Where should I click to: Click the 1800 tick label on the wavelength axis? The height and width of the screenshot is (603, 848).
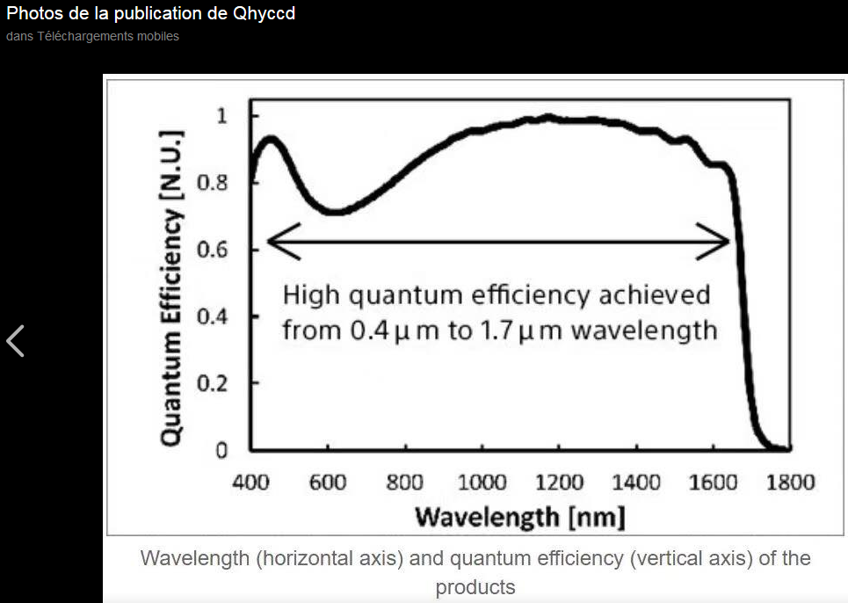click(789, 483)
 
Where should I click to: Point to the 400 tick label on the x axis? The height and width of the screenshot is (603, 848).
click(250, 483)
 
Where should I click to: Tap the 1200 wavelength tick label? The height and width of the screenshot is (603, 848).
click(559, 483)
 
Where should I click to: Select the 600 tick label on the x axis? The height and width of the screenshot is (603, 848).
click(327, 483)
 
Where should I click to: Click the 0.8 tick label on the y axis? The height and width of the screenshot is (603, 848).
click(212, 183)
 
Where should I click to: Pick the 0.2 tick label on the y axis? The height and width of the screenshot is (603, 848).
click(212, 383)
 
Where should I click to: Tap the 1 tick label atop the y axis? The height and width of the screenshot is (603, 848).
click(221, 116)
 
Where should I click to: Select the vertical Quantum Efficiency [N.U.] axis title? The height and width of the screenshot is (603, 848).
click(173, 286)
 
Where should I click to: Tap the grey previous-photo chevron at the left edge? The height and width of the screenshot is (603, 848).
click(15, 341)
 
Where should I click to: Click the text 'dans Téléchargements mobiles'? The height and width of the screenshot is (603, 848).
click(92, 37)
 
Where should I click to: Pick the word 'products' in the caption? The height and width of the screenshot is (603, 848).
click(475, 586)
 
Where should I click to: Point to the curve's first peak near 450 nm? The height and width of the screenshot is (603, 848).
click(271, 139)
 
